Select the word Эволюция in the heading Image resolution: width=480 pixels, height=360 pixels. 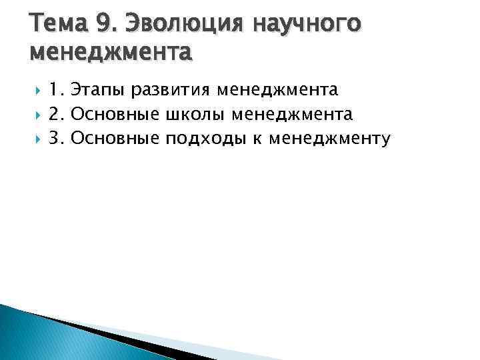pos(179,24)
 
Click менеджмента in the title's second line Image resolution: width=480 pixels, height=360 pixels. pos(111,51)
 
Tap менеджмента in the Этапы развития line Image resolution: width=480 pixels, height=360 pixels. pos(282,89)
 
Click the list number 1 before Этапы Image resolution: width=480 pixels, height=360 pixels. pos(55,89)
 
